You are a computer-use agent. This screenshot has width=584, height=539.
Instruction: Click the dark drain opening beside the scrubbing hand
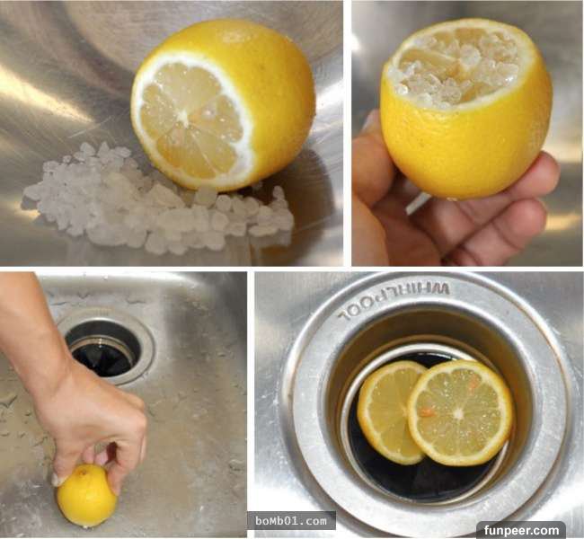coord(103,349)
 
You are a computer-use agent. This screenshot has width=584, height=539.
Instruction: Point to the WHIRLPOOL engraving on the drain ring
coord(394,300)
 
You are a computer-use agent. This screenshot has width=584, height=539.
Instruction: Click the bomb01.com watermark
coord(291,520)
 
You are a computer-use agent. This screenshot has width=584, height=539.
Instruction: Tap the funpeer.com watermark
coord(521,530)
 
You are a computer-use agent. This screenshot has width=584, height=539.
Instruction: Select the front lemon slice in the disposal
coord(460,412)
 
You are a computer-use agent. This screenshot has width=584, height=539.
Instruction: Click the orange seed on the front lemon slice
coord(427,411)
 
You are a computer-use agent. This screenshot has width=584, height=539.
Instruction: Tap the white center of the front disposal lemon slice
coord(459,413)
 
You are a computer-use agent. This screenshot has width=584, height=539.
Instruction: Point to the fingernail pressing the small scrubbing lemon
coord(58,480)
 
